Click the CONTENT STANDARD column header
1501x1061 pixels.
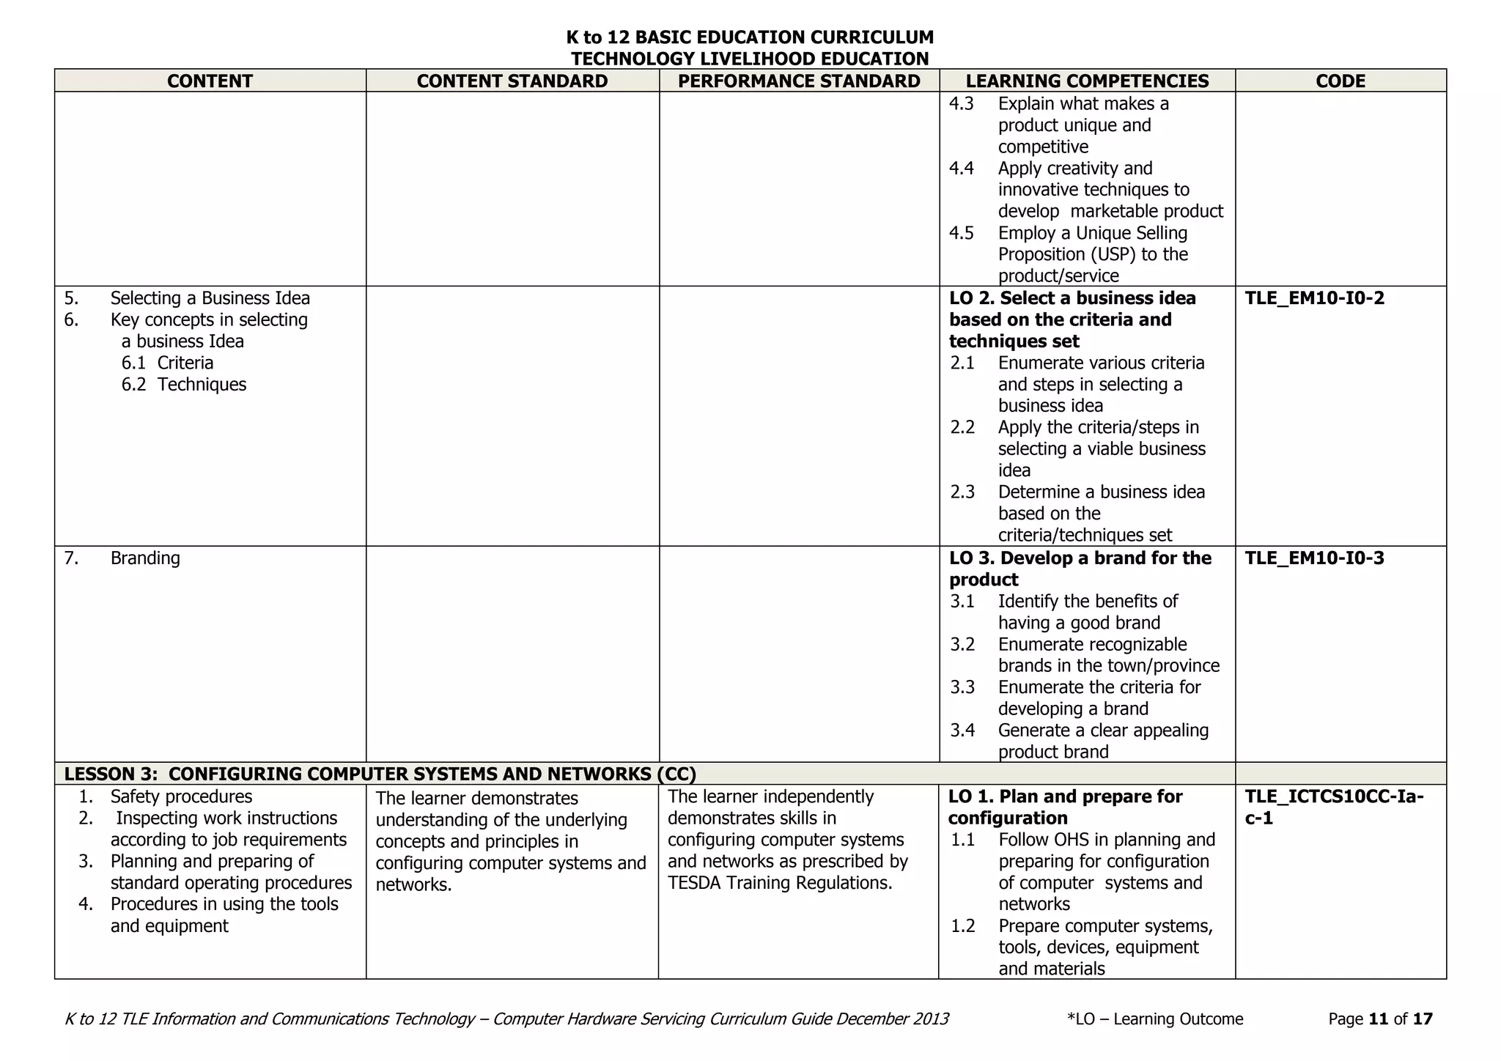tap(512, 81)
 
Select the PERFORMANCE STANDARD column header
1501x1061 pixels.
tap(799, 81)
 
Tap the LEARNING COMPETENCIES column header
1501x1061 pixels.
tap(1087, 81)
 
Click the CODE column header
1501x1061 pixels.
tap(1340, 81)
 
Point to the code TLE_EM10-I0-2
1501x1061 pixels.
tap(1314, 298)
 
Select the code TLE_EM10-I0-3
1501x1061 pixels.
tap(1314, 558)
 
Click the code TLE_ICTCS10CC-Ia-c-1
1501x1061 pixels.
tap(1334, 807)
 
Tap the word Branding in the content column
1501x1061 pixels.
tap(145, 558)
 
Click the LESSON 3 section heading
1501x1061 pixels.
tap(380, 774)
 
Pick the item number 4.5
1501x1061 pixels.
tap(962, 233)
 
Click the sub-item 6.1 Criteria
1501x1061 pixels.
tap(168, 363)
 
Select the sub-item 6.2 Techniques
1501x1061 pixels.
tap(184, 384)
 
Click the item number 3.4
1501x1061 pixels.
tap(962, 731)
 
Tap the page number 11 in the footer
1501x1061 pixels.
tap(1378, 1019)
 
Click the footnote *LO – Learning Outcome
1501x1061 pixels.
tap(1155, 1019)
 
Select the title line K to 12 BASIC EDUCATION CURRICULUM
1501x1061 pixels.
tap(750, 37)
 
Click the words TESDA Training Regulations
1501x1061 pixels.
tap(780, 883)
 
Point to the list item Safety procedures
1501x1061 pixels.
tap(181, 796)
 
